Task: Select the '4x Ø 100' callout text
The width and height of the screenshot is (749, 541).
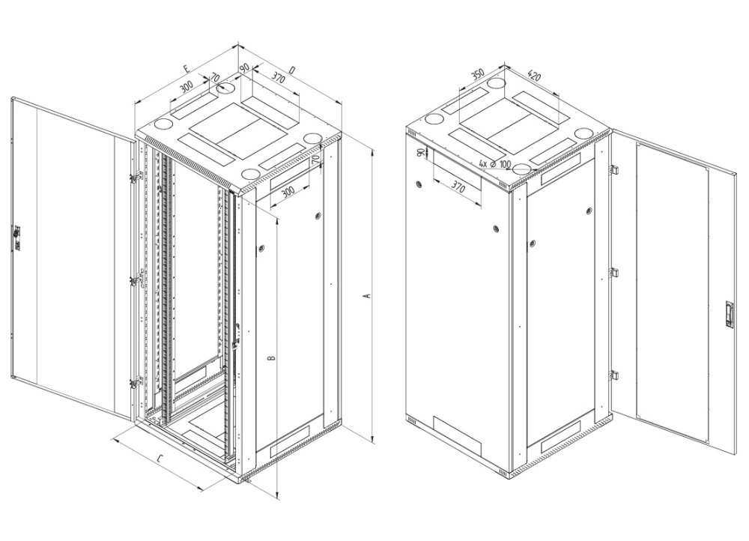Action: (x=495, y=164)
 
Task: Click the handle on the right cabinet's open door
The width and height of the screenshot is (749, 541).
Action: (x=725, y=312)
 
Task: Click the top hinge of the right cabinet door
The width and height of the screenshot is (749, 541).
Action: (x=613, y=172)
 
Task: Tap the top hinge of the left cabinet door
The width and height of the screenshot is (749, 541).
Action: (x=134, y=177)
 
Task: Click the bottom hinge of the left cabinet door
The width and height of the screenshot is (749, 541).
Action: (x=134, y=383)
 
